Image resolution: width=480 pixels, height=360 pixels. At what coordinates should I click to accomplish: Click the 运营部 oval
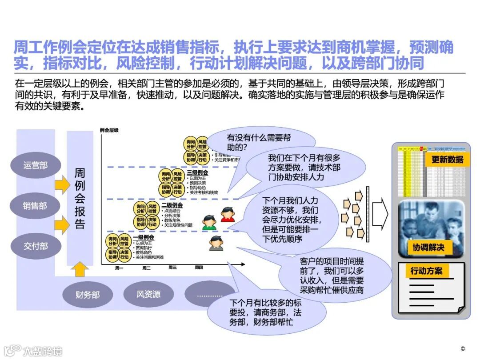[x=36, y=165]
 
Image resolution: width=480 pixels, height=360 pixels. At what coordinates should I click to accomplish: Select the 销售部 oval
[x=35, y=206]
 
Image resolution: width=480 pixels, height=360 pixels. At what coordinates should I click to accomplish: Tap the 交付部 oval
[x=36, y=246]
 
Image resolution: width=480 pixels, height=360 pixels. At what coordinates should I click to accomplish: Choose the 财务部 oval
[x=88, y=294]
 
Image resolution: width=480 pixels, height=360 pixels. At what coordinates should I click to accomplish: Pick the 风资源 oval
[x=148, y=294]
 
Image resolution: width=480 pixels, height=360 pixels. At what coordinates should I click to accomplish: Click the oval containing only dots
[x=209, y=295]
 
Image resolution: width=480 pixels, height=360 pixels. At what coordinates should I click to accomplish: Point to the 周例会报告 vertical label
[x=80, y=198]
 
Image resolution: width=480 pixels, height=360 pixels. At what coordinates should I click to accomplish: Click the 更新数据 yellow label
[x=447, y=159]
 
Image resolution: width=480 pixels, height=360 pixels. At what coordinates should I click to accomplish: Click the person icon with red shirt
[x=228, y=215]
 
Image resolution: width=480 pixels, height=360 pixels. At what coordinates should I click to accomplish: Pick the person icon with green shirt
[x=209, y=222]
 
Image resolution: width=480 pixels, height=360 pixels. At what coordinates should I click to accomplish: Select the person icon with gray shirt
[x=216, y=243]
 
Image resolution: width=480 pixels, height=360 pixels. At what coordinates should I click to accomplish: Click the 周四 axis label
[x=199, y=268]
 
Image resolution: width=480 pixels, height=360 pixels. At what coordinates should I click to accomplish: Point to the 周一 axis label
[x=119, y=268]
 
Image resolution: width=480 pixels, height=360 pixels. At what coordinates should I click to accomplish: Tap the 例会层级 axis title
[x=109, y=130]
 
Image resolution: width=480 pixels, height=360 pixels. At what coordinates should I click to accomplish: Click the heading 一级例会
[x=143, y=237]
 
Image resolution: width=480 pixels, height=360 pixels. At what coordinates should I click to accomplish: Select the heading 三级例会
[x=197, y=172]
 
